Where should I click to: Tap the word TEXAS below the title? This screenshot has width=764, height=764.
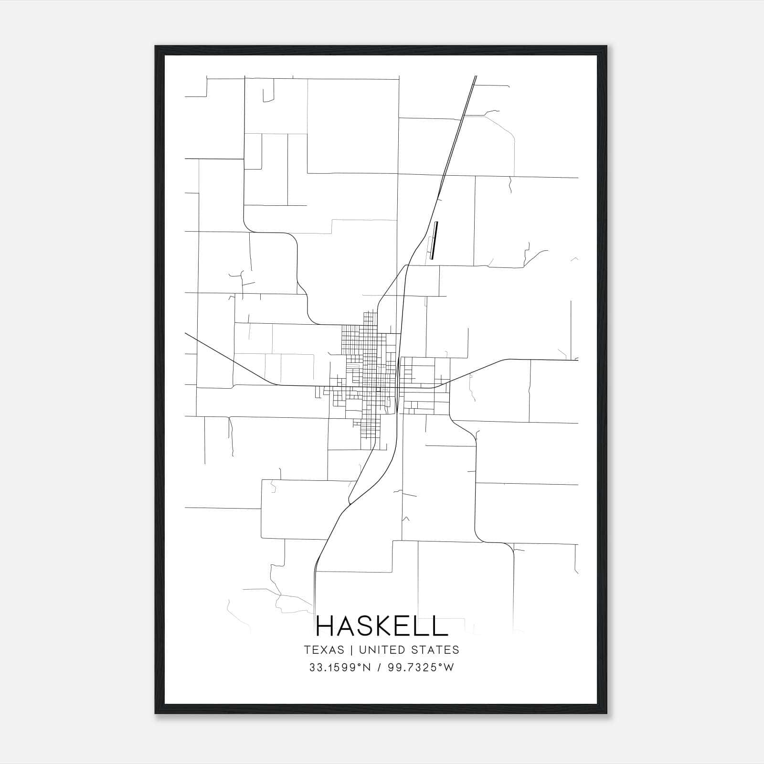tap(324, 650)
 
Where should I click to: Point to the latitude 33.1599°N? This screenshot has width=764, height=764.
tap(340, 668)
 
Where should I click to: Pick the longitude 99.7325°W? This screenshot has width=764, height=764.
tap(419, 668)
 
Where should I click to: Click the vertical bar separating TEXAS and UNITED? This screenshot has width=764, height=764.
tap(351, 650)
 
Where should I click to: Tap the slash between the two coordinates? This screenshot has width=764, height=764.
tap(379, 668)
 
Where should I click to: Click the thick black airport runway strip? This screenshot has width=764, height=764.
tap(434, 240)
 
